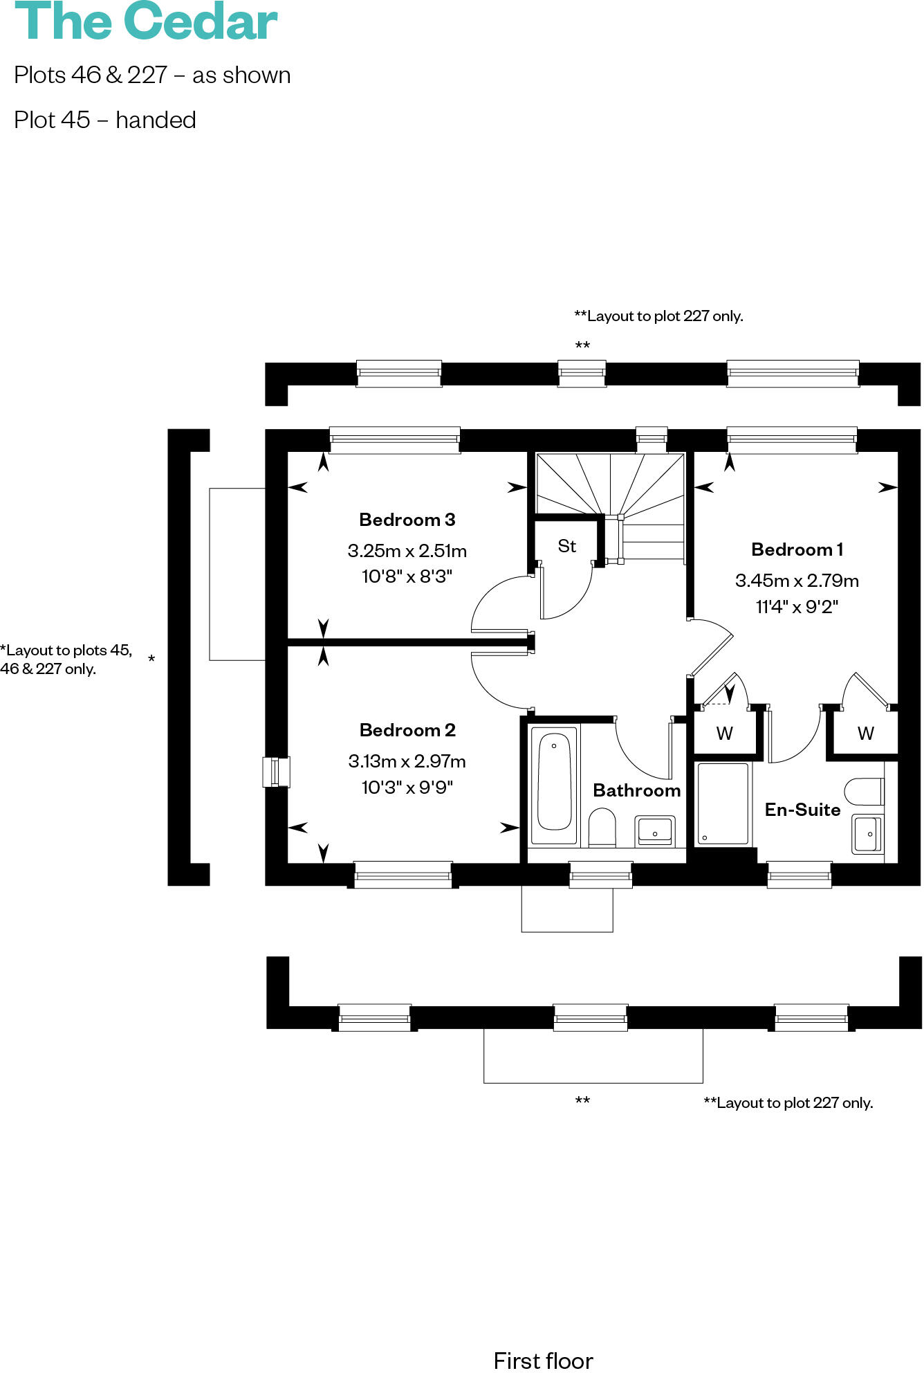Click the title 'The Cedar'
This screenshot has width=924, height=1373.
[146, 22]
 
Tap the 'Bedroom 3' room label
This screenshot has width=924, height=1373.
[407, 520]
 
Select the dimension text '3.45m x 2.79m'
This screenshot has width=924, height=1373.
[797, 581]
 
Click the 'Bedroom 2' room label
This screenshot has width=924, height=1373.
[407, 730]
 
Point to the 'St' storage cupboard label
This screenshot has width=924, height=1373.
[567, 546]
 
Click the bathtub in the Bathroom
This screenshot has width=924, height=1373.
[555, 783]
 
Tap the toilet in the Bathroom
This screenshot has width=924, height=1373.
[602, 827]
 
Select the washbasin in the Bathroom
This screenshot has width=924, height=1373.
[655, 830]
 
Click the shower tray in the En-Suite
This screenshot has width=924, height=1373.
[723, 803]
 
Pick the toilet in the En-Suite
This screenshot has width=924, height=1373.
[865, 792]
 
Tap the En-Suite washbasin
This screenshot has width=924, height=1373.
[867, 834]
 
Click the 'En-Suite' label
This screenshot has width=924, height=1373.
[802, 810]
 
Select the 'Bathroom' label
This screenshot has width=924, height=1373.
[637, 790]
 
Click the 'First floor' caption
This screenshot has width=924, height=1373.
[544, 1361]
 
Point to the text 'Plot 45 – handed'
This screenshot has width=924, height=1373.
[105, 120]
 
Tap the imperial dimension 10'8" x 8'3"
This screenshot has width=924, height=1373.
[407, 576]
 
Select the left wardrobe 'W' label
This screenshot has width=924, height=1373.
[725, 734]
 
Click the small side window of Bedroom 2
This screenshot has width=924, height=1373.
[276, 772]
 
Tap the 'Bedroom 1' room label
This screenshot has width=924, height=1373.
[797, 549]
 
